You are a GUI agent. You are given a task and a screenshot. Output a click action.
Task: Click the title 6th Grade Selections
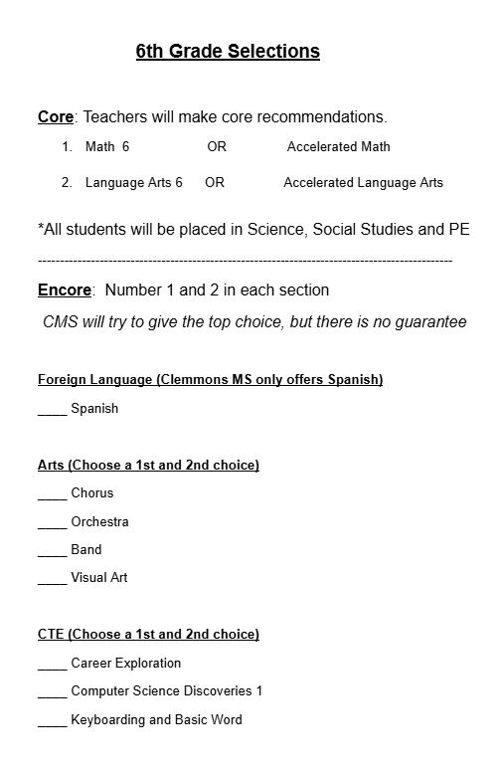(x=228, y=51)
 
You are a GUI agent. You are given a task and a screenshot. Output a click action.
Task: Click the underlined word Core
(x=55, y=116)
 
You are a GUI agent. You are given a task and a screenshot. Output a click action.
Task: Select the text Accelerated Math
(x=338, y=147)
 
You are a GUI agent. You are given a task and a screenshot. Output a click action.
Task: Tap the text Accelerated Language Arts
(x=363, y=183)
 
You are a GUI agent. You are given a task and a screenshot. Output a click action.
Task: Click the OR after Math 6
(x=217, y=147)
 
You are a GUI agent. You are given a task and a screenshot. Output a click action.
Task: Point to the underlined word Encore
(x=65, y=290)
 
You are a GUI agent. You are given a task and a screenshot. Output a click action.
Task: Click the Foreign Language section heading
(x=210, y=379)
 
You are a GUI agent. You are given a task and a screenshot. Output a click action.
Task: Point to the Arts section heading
(x=148, y=465)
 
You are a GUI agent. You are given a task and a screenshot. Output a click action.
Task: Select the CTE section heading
(x=148, y=634)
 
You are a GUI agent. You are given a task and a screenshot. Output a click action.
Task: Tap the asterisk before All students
(x=41, y=227)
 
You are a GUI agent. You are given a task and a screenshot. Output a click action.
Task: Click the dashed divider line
(x=245, y=261)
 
